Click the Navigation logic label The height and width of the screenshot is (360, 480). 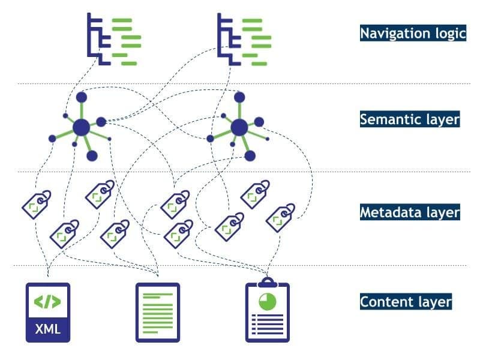point(413,32)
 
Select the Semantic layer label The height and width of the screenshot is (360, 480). point(410,119)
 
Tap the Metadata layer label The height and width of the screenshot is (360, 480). point(410,211)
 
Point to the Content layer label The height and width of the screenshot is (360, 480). point(406,301)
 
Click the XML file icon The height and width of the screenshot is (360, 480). point(47,312)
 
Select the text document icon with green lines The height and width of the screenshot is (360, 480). point(158,312)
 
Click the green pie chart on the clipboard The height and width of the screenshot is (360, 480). point(267,301)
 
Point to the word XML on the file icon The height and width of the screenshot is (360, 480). point(47,329)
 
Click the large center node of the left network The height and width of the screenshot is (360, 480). point(81,127)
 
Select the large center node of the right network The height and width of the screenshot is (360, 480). point(239,127)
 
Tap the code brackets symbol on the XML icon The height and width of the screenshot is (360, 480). point(47,302)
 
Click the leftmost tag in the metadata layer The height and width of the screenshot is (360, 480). point(36,204)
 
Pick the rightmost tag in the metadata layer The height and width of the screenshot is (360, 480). point(280,217)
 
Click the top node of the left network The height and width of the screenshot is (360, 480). point(82,97)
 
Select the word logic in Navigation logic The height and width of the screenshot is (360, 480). point(448,32)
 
